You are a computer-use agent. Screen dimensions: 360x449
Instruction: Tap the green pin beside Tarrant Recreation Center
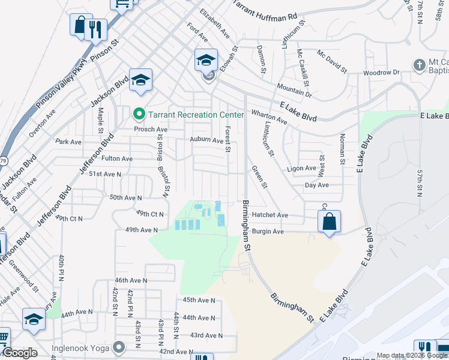pyautogui.click(x=139, y=113)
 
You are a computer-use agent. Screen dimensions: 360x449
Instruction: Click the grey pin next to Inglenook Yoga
pyautogui.click(x=119, y=347)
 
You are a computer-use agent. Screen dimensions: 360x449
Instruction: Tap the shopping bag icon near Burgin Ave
pyautogui.click(x=330, y=221)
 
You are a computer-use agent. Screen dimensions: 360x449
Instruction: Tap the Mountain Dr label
pyautogui.click(x=295, y=91)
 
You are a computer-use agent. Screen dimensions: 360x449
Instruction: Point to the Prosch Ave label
pyautogui.click(x=150, y=129)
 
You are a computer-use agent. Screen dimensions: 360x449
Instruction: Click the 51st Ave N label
pyautogui.click(x=105, y=173)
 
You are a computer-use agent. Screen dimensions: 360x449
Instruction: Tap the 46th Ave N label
pyautogui.click(x=131, y=280)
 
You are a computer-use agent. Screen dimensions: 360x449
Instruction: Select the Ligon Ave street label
pyautogui.click(x=301, y=169)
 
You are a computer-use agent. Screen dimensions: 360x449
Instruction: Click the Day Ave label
pyautogui.click(x=316, y=185)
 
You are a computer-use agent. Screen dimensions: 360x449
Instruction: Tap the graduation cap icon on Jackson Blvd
pyautogui.click(x=140, y=80)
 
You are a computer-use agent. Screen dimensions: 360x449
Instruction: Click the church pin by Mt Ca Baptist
pyautogui.click(x=419, y=64)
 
